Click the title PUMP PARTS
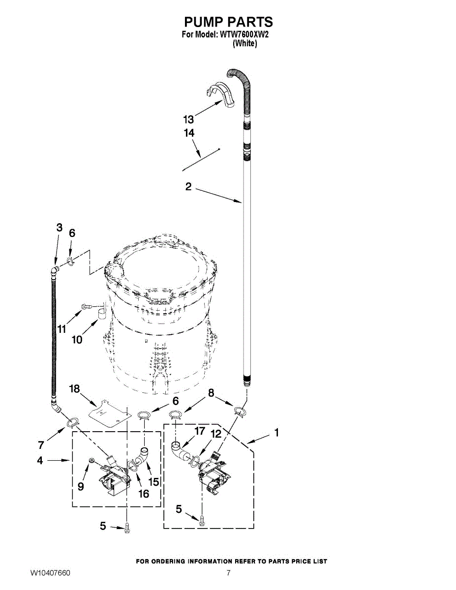click(x=228, y=22)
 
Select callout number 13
click(x=188, y=119)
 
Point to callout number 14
click(x=189, y=133)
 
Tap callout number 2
click(x=188, y=187)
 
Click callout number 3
click(x=59, y=227)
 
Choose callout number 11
click(x=61, y=329)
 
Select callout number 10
click(x=77, y=339)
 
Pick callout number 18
click(x=74, y=389)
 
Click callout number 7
click(x=41, y=445)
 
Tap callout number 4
click(x=40, y=461)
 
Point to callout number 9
click(x=81, y=487)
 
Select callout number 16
click(x=143, y=494)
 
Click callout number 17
click(x=199, y=431)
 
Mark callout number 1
click(x=276, y=433)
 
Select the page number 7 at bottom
click(x=229, y=573)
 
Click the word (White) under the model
click(x=244, y=43)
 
